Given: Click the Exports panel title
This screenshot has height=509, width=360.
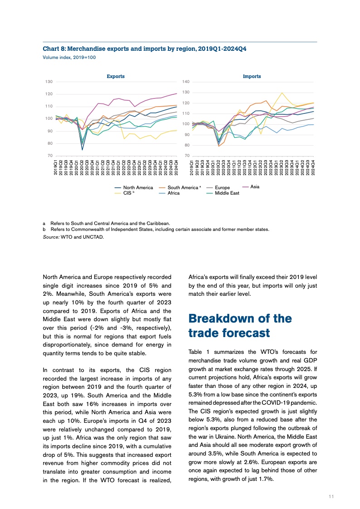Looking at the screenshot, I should click(115, 76).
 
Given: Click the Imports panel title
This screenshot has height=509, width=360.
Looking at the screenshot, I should click(252, 76).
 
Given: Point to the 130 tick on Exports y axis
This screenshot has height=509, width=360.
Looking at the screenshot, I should click(48, 82).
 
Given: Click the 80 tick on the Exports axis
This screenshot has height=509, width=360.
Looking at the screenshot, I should click(49, 143).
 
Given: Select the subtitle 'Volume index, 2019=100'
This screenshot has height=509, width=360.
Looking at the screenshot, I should click(69, 58).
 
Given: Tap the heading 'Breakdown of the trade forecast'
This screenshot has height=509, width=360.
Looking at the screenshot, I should click(240, 325).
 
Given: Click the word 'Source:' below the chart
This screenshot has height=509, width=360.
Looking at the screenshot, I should click(51, 237).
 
